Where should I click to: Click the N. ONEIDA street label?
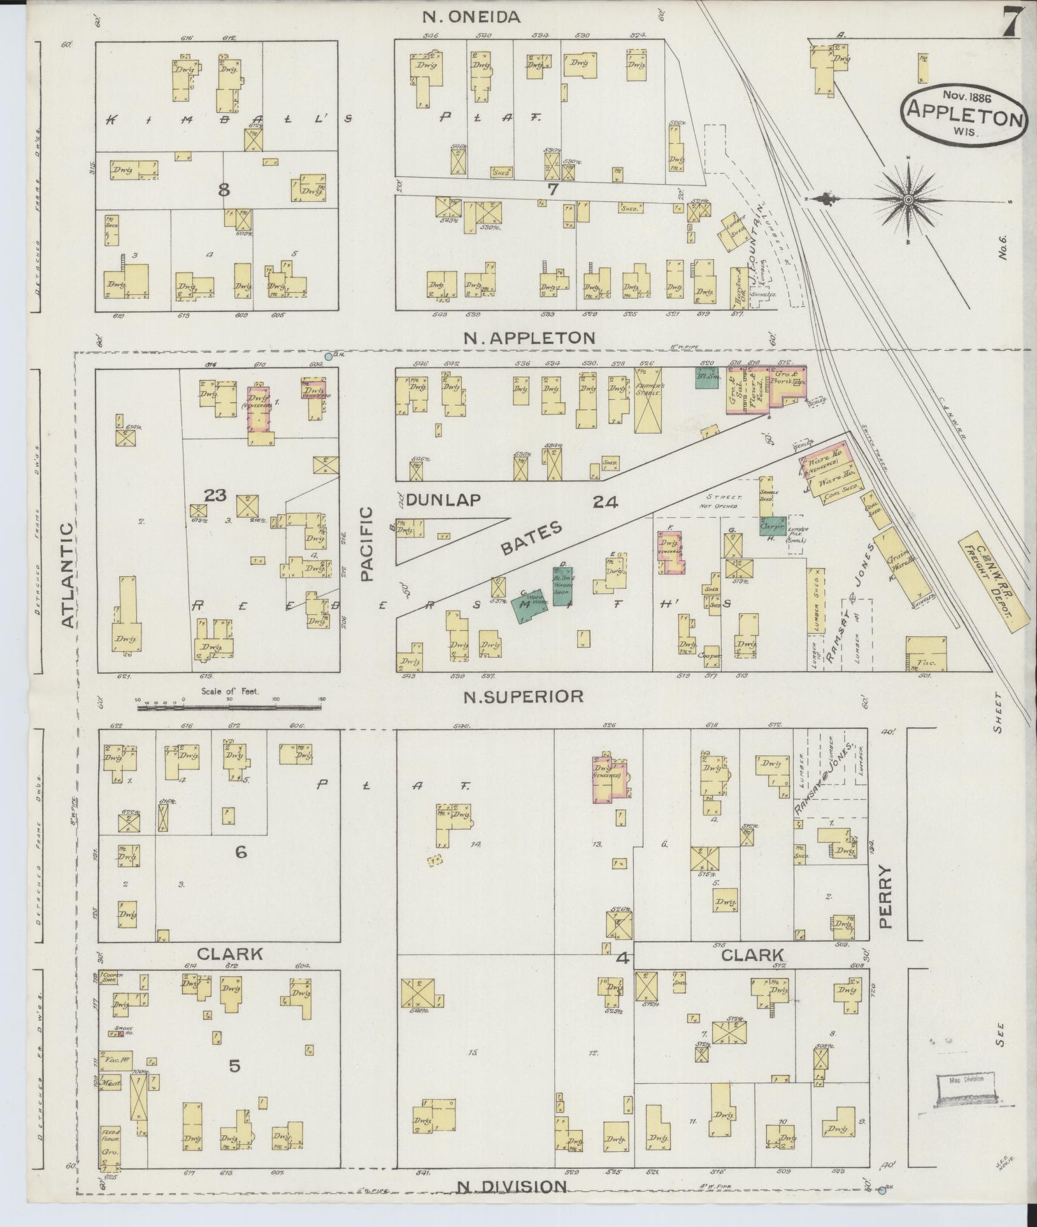472,17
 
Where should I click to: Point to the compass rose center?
908,201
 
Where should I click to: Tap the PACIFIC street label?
366,543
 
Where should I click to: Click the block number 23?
215,495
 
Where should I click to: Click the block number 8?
224,190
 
